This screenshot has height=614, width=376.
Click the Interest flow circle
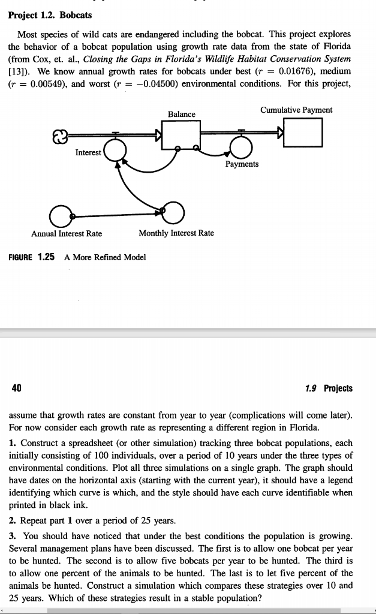pos(115,149)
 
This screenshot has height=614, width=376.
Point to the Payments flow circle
pos(242,148)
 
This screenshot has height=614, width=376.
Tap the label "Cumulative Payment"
pos(296,110)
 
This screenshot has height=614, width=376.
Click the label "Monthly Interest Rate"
pos(176,233)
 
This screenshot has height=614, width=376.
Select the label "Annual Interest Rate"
pos(67,233)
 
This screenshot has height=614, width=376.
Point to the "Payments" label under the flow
pos(242,164)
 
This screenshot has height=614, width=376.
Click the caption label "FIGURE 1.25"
pos(32,257)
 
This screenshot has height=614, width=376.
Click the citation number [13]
pos(18,71)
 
